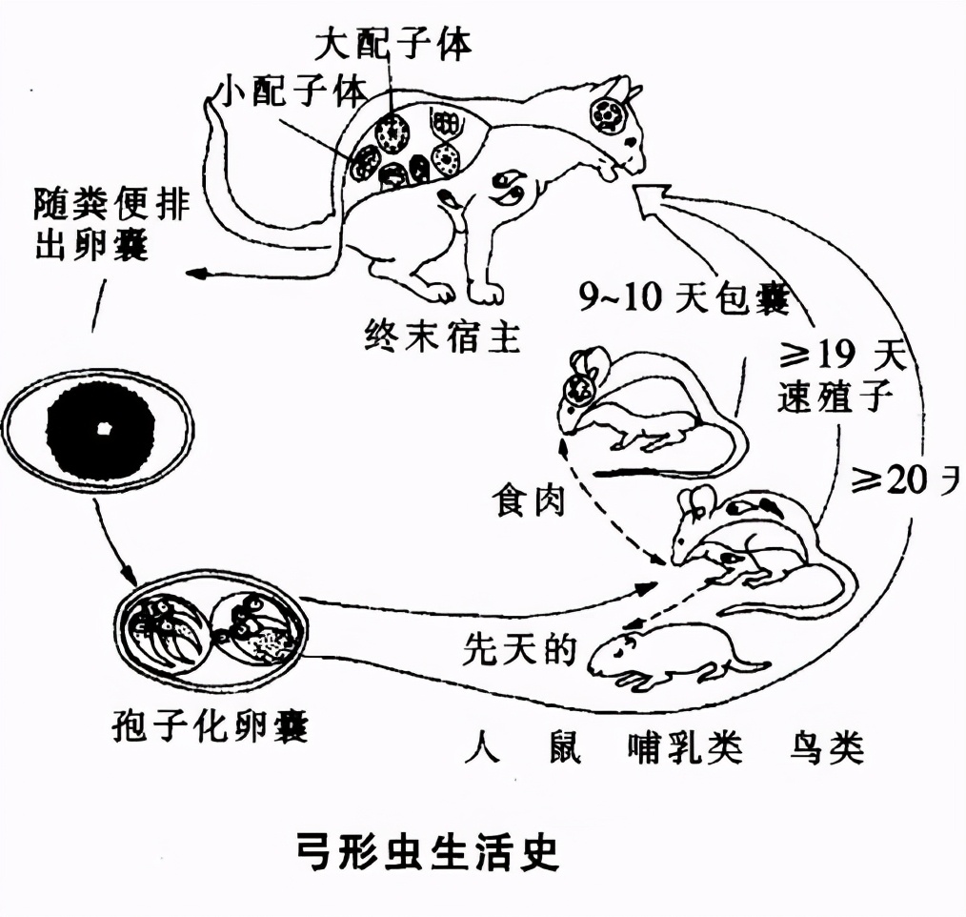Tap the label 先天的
[519, 648]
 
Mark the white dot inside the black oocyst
[103, 428]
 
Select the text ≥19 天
[838, 359]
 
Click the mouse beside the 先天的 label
[672, 653]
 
